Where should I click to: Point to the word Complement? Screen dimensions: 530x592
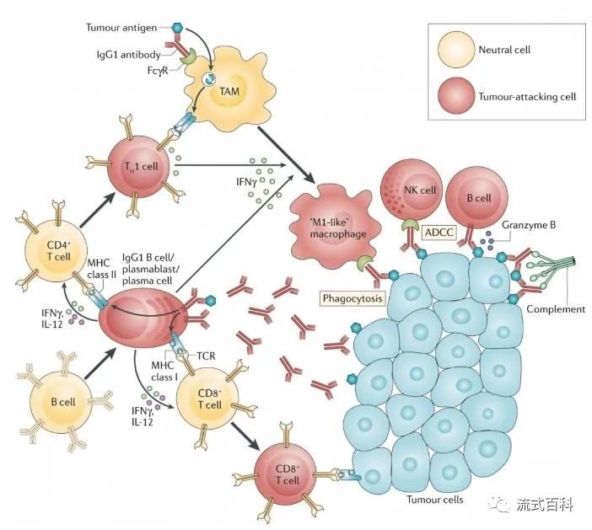(556, 309)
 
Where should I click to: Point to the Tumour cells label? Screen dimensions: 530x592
(434, 500)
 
